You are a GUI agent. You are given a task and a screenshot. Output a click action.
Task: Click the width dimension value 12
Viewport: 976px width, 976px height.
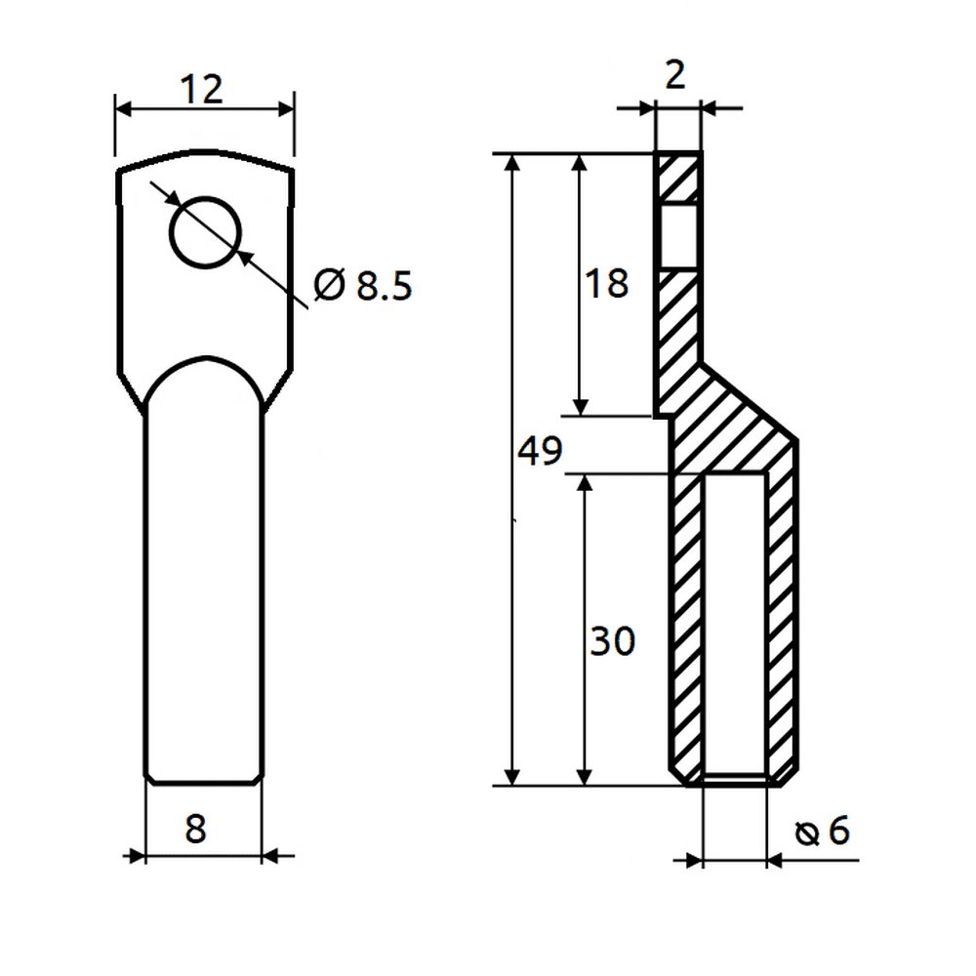tap(201, 89)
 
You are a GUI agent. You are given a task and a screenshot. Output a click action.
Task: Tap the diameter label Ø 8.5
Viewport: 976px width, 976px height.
tap(363, 286)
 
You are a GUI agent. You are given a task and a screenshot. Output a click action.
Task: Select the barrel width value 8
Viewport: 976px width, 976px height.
tap(195, 829)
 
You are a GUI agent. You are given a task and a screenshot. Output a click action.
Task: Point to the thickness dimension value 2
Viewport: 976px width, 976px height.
tap(675, 75)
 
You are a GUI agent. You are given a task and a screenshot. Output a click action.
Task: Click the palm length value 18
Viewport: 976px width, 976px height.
tap(606, 283)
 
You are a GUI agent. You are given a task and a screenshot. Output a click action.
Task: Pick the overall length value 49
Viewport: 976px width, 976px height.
tap(540, 450)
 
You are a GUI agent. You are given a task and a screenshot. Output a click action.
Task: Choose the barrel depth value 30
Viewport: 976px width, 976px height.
tap(612, 641)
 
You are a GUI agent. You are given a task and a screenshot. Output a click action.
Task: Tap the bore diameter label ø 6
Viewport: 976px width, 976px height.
tap(822, 831)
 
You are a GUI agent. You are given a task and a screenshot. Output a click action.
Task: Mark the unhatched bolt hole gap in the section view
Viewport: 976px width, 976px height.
tap(678, 236)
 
